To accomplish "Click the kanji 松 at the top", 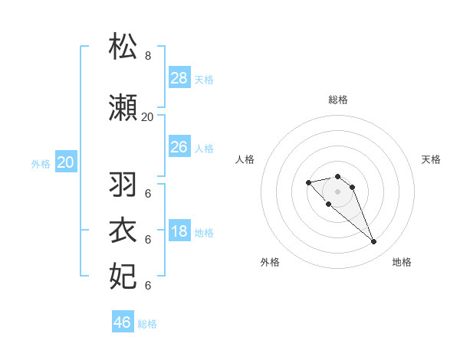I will (x=123, y=47).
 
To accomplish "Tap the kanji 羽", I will (x=123, y=185).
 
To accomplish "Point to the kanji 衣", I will (x=123, y=231).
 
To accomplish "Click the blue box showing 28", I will (x=179, y=78).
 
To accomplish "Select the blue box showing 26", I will (x=179, y=147).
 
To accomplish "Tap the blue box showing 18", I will (x=179, y=232).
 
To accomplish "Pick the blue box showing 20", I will (x=66, y=162).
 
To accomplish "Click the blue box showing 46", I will (x=123, y=322).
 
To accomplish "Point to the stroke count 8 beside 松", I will (x=148, y=56).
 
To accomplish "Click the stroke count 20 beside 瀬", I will (x=148, y=117).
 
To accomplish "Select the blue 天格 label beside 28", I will (x=204, y=79).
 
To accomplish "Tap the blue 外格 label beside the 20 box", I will (x=41, y=163).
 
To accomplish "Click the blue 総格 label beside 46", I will (x=147, y=324).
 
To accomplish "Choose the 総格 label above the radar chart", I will (x=338, y=100).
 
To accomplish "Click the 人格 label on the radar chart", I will (x=245, y=159).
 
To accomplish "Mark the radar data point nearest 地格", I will (x=373, y=242).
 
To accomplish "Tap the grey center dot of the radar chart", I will (x=338, y=191).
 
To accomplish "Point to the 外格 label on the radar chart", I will (x=270, y=262).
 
